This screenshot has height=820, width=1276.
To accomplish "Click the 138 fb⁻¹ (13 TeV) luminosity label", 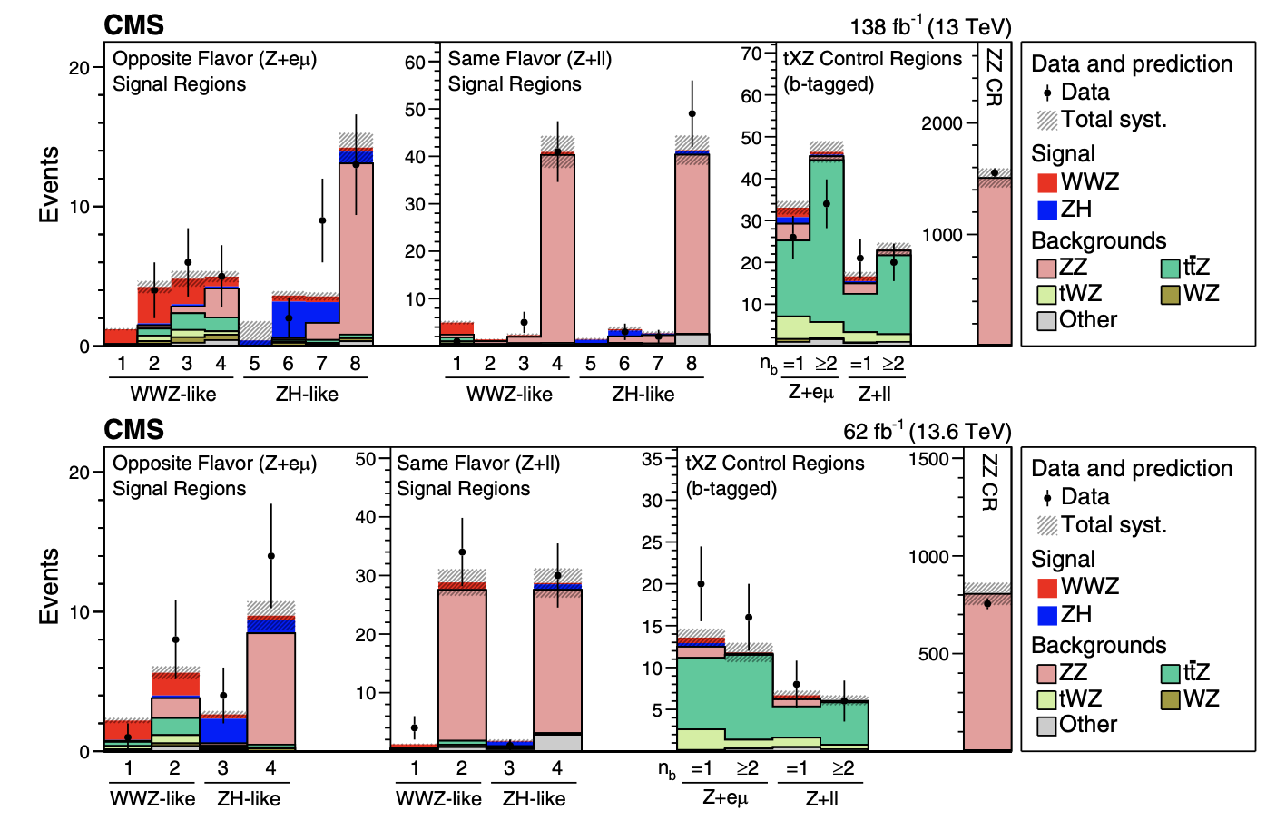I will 930,26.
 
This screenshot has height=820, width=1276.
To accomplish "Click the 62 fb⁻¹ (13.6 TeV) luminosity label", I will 927,431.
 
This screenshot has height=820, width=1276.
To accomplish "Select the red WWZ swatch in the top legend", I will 1047,182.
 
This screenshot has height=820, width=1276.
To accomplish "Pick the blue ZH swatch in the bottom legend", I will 1047,615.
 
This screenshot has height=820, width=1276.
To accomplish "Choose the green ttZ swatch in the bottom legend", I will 1170,673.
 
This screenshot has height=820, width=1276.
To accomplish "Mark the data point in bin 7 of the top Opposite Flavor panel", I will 322,220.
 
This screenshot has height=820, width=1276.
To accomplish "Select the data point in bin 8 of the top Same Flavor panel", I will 692,114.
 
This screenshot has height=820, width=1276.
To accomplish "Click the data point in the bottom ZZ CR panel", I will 987,604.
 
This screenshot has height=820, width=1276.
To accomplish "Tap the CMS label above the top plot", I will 133,25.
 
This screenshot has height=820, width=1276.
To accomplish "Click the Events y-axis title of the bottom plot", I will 49,586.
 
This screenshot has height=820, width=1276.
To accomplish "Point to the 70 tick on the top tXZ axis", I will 751,54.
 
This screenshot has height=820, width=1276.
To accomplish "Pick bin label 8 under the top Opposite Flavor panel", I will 355,364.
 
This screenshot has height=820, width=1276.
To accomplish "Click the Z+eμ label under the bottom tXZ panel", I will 725,798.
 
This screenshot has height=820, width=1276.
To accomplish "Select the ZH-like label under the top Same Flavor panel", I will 643,395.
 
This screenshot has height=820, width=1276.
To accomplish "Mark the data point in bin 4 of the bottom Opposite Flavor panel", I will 270,556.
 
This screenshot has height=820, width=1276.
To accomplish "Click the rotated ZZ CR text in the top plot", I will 994,77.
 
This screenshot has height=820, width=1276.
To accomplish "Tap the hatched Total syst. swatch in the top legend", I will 1047,121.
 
